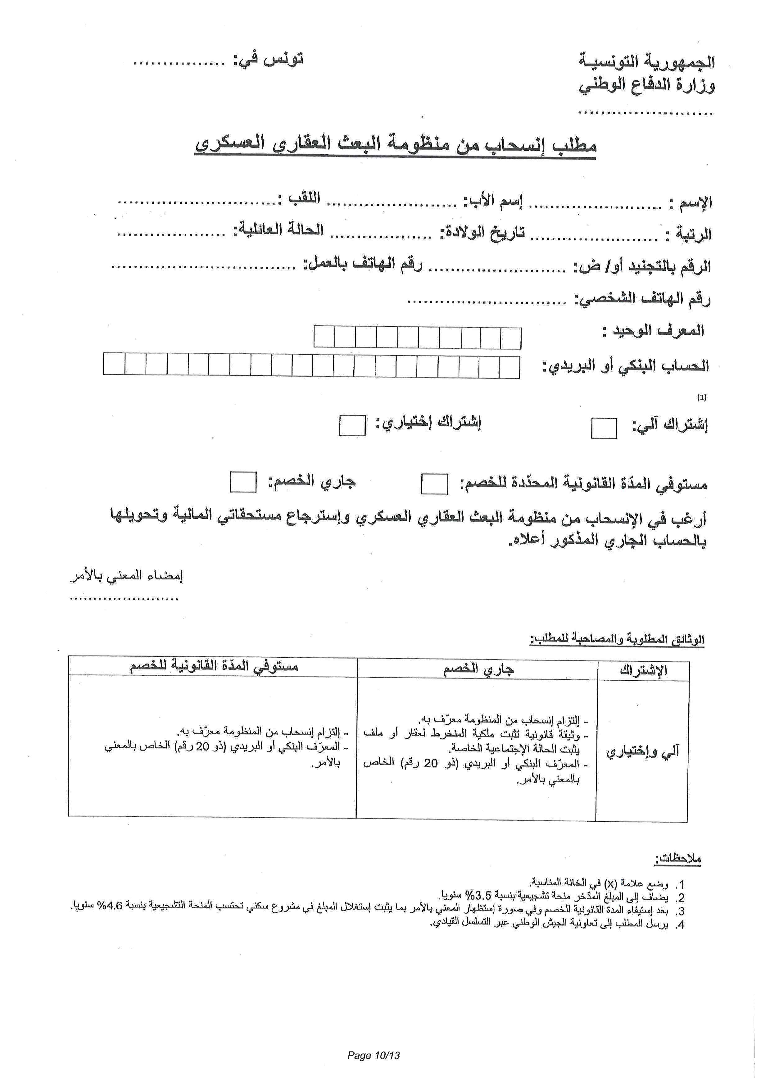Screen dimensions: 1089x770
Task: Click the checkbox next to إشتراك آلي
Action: point(604,428)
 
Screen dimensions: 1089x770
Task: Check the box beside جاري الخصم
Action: point(243,482)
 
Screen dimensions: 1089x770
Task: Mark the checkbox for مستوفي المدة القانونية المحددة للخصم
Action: point(434,484)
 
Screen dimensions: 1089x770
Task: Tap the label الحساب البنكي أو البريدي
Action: point(626,366)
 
